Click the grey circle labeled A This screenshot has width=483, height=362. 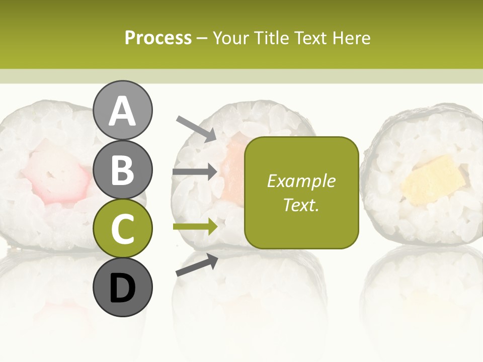[x=123, y=110]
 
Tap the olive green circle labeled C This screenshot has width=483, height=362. [x=123, y=228]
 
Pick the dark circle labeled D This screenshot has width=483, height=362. [x=123, y=287]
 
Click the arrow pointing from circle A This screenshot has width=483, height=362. [x=196, y=128]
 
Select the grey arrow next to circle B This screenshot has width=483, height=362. [x=195, y=172]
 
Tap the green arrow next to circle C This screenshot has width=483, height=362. [x=195, y=227]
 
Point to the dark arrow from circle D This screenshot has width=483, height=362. [x=197, y=264]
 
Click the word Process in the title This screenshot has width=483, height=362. [x=158, y=38]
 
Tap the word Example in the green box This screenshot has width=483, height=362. [x=301, y=182]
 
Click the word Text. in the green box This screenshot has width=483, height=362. [x=301, y=205]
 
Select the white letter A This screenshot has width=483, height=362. [x=123, y=111]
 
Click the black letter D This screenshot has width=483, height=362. [x=123, y=288]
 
